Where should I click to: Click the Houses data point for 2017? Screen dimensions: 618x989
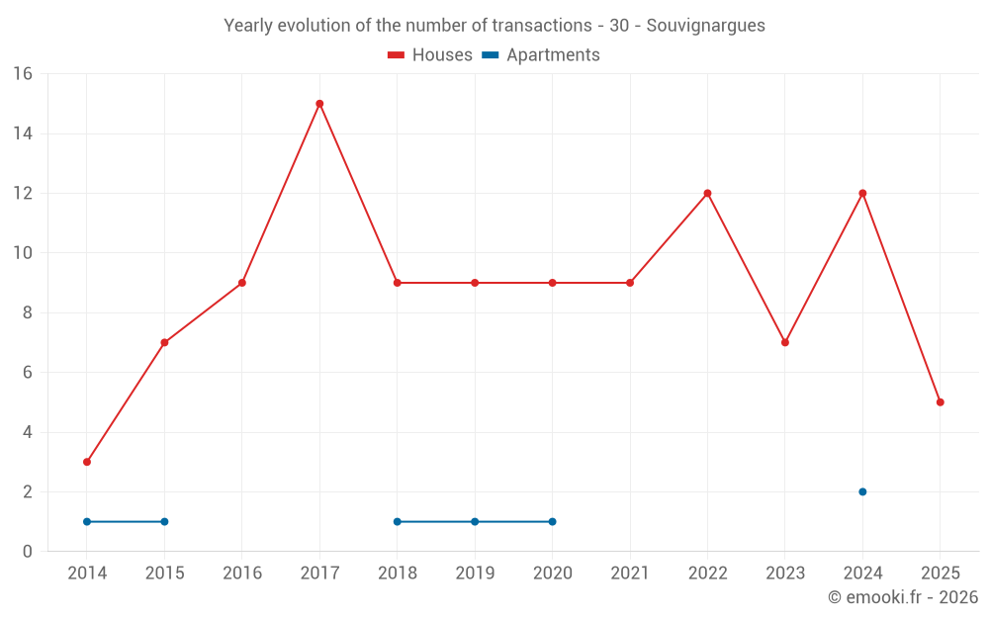319,104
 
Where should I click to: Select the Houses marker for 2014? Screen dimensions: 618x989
87,462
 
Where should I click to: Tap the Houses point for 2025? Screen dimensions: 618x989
940,402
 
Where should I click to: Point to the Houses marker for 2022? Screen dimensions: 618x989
707,193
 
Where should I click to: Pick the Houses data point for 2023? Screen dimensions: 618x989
785,342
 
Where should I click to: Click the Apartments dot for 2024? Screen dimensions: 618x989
862,491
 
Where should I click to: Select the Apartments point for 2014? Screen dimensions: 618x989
87,521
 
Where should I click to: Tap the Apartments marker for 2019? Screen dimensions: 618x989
475,521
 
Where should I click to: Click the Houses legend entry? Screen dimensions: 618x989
430,55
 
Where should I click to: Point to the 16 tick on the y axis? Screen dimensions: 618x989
22,74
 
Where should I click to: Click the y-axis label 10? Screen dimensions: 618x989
22,253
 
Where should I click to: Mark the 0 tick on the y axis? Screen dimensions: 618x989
27,552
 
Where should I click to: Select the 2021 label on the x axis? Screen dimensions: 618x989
630,574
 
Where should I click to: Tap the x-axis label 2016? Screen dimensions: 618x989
242,574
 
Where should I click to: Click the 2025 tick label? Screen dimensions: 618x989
940,574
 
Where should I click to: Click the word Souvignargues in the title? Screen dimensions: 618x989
705,26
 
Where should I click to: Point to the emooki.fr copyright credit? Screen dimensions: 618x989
902,597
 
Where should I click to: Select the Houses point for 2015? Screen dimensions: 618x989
164,342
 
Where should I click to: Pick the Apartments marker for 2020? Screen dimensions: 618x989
552,521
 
